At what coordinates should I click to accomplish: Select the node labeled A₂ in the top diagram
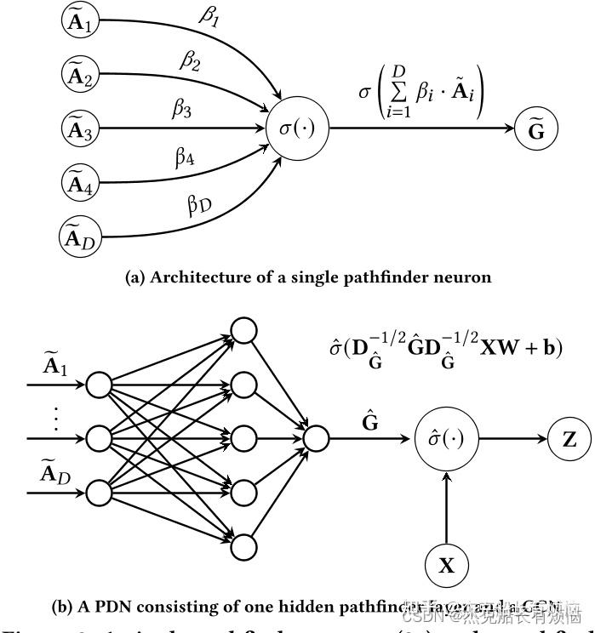[81, 76]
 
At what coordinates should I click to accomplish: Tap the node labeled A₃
[81, 129]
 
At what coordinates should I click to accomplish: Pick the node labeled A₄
[81, 182]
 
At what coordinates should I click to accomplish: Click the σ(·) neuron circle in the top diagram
[297, 130]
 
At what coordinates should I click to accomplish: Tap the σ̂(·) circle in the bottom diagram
[445, 439]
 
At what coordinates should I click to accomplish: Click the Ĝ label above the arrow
[369, 419]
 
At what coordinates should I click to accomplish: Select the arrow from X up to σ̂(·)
[446, 505]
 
